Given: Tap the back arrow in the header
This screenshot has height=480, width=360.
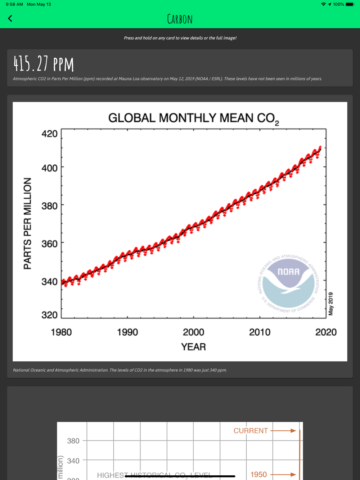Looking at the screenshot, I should (10, 18).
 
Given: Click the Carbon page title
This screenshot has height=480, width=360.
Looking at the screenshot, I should (180, 19).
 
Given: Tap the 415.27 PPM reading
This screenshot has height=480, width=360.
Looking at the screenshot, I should (44, 64).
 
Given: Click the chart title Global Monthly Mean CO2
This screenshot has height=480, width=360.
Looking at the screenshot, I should (193, 118).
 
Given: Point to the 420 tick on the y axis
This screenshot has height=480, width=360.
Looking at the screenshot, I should (50, 134).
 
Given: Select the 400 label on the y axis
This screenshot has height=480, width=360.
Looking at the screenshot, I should (50, 168).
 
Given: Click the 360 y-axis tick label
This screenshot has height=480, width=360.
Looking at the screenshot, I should (50, 244).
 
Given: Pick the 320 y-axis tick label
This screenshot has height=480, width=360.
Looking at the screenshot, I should (50, 315).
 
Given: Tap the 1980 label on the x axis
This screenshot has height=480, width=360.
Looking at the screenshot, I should (61, 332).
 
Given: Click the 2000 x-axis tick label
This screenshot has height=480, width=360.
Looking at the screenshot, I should (193, 332).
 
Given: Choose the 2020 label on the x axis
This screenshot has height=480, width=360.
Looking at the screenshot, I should (326, 332).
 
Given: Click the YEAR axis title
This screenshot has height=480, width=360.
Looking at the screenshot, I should (193, 347).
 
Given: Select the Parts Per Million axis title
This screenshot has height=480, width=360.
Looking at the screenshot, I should (27, 223).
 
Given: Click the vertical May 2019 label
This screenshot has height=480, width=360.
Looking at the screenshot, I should (331, 304).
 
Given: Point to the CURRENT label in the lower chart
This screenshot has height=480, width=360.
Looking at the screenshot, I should (251, 431).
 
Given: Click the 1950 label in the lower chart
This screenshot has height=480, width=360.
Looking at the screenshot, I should (258, 475).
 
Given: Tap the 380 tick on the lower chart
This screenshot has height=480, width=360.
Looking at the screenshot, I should (73, 441).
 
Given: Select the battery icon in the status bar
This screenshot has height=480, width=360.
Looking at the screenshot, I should (350, 4).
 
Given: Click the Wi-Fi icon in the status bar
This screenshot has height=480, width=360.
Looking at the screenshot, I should (323, 4).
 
